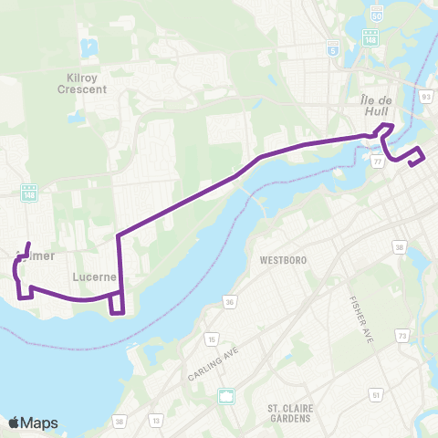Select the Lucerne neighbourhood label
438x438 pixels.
click(90, 274)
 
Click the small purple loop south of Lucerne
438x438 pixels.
click(116, 303)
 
